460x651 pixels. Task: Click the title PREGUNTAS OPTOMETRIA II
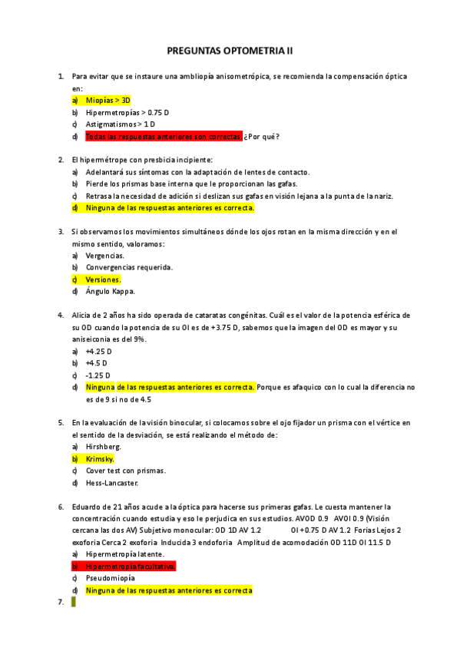[230, 51]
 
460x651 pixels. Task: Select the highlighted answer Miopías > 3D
[108, 100]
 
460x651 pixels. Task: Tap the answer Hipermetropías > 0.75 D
[127, 112]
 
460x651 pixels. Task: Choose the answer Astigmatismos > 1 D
[121, 124]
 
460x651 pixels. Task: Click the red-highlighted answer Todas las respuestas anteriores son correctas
[164, 137]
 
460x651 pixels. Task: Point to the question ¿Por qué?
[262, 137]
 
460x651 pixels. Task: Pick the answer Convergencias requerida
[129, 267]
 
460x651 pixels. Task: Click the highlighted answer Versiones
[103, 279]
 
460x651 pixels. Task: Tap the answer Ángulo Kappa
[111, 292]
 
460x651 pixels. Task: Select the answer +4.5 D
[95, 363]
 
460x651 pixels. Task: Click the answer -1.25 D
[97, 375]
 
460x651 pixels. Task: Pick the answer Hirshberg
[104, 447]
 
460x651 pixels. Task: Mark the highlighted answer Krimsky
[101, 459]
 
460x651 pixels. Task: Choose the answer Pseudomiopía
[111, 578]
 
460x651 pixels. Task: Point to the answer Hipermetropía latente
[125, 554]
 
